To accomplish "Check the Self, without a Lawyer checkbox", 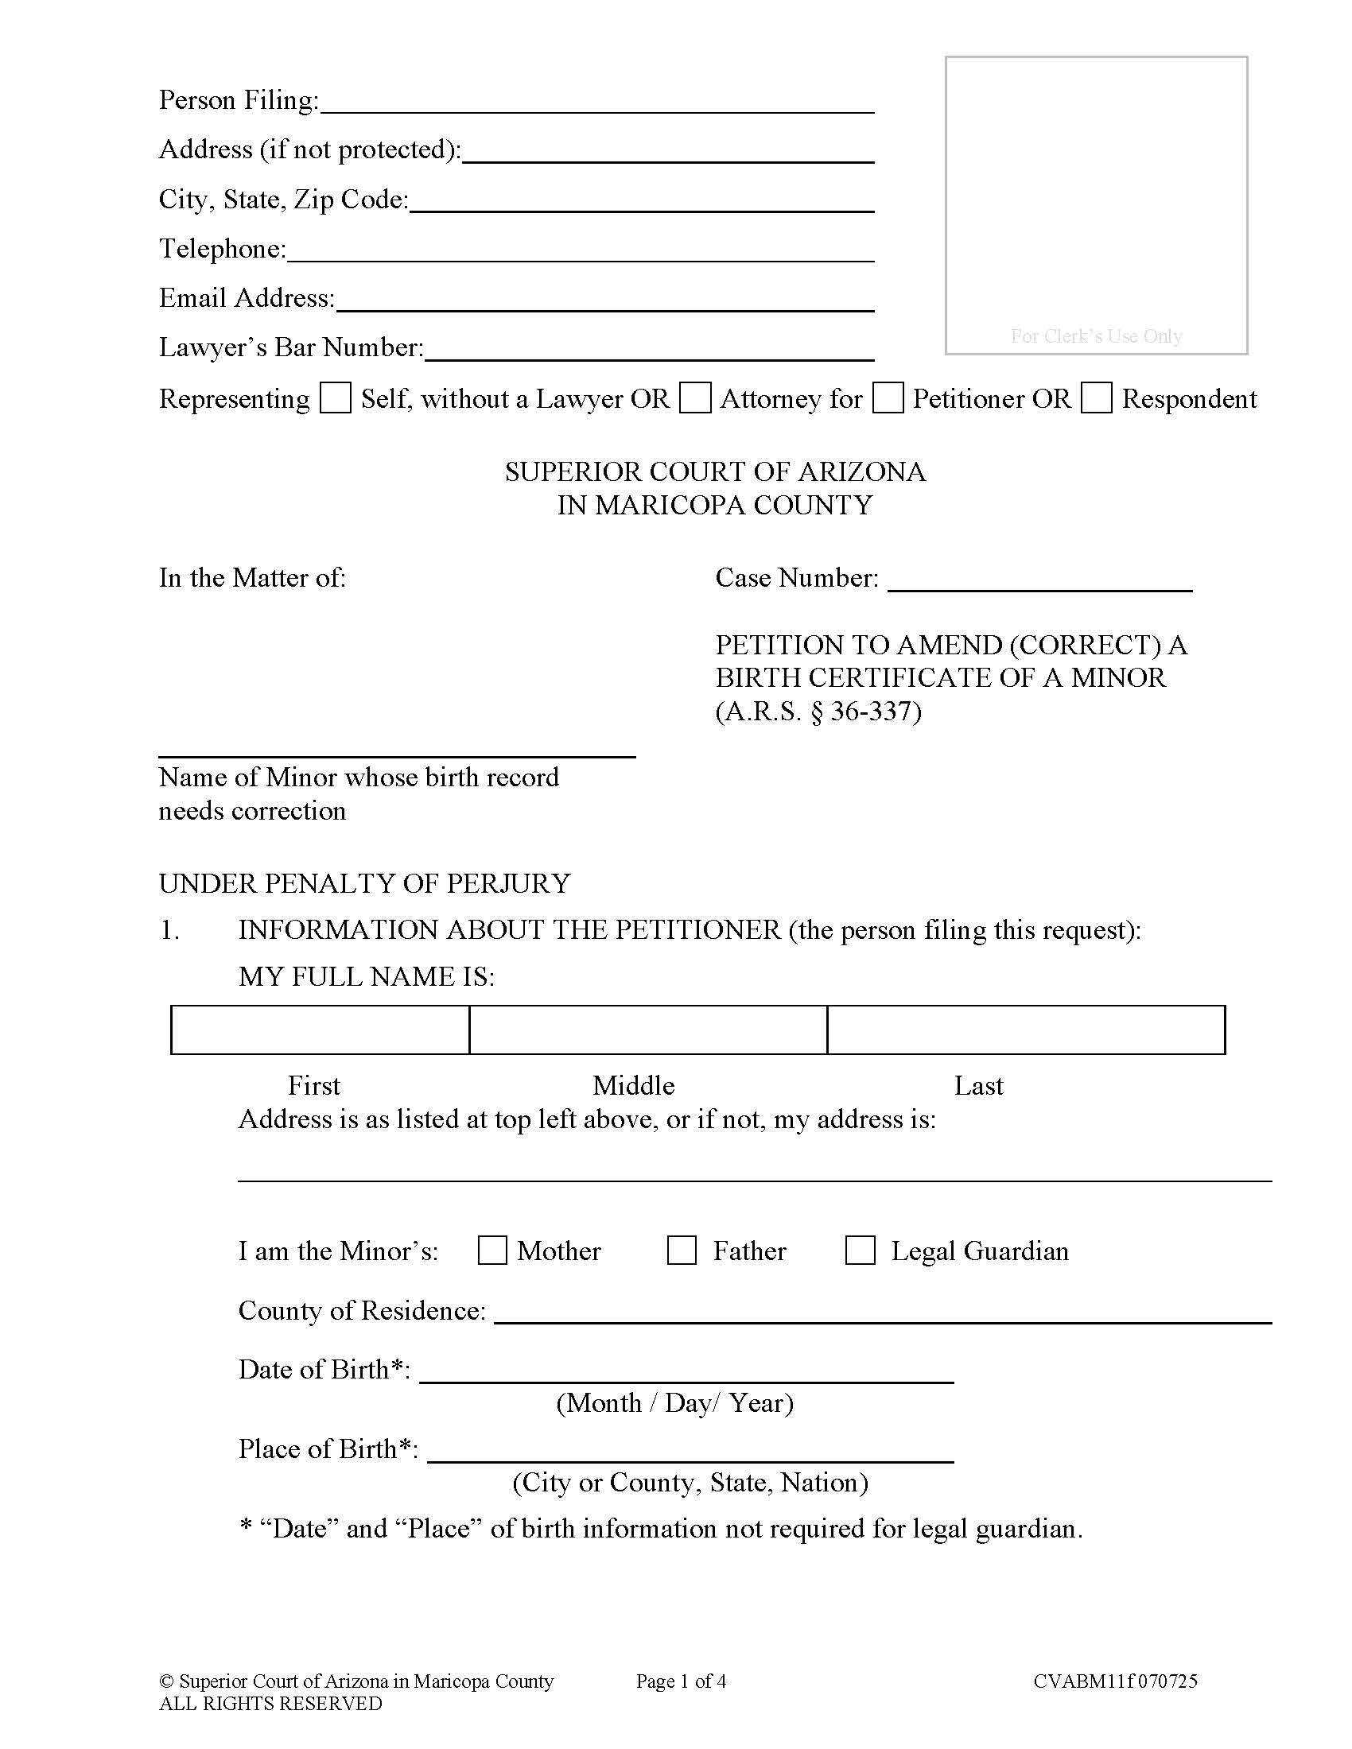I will [x=335, y=398].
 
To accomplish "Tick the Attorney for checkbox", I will [x=694, y=398].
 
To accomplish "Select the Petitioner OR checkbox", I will [x=888, y=398].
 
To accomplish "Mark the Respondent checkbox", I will [x=1096, y=398].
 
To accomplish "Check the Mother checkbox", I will [x=491, y=1251].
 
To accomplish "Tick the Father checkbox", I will [x=682, y=1251].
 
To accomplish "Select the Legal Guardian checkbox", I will [x=861, y=1251].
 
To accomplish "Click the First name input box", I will [x=320, y=1030].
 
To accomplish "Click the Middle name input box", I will [x=647, y=1030].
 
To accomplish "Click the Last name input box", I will [x=1025, y=1030].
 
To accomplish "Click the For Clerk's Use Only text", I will [x=1096, y=336].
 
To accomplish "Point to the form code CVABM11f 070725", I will [x=1115, y=1681].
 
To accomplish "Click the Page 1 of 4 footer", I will [x=681, y=1681].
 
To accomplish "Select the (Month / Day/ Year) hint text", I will [x=674, y=1403].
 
